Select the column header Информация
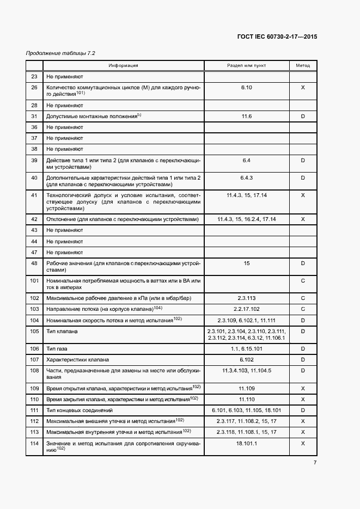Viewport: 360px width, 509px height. pyautogui.click(x=123, y=65)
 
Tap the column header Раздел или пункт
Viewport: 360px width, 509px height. pyautogui.click(x=247, y=65)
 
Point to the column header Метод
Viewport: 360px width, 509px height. pyautogui.click(x=303, y=65)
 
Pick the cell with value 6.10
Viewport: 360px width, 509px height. pyautogui.click(x=247, y=87)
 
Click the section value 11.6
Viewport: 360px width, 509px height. pyautogui.click(x=247, y=116)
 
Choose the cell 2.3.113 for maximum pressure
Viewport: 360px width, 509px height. pyautogui.click(x=247, y=298)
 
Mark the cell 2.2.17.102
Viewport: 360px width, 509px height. pyautogui.click(x=247, y=309)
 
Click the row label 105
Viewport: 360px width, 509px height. pyautogui.click(x=35, y=331)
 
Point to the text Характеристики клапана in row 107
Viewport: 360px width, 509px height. pyautogui.click(x=78, y=359)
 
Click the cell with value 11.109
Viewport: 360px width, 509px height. pyautogui.click(x=247, y=389)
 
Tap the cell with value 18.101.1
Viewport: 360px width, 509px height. pyautogui.click(x=247, y=444)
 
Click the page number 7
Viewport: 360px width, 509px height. pyautogui.click(x=315, y=463)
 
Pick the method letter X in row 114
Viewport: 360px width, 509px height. pyautogui.click(x=303, y=444)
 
